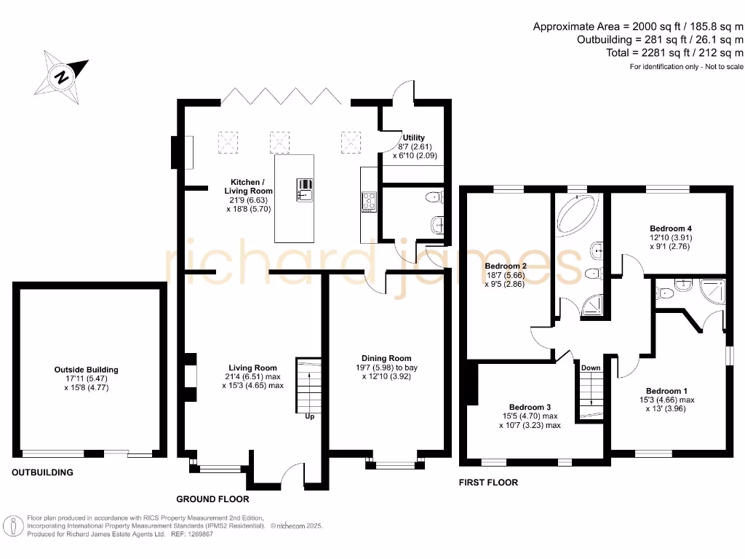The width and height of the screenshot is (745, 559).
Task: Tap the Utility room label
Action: [415, 138]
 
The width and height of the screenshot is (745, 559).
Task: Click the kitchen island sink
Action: [305, 189]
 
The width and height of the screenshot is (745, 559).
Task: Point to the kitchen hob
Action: [369, 201]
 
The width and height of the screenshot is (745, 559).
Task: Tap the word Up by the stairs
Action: [310, 417]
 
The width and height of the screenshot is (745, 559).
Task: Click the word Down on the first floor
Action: [591, 368]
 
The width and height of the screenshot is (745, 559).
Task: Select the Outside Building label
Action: [87, 370]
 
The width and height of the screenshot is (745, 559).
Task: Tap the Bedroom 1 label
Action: [666, 391]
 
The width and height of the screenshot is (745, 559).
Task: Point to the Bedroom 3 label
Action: [529, 407]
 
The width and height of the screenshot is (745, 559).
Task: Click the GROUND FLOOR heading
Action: [212, 499]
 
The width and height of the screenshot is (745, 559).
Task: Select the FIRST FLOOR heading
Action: [488, 483]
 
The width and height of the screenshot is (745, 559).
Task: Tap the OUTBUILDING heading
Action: [42, 472]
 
